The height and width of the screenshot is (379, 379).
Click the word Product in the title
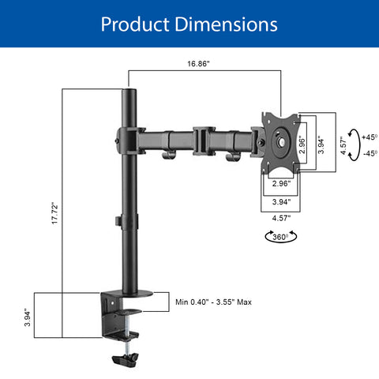click(135, 24)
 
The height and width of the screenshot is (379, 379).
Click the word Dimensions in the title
click(227, 24)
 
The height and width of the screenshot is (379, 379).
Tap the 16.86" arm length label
click(198, 64)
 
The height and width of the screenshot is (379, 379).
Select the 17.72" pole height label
click(54, 213)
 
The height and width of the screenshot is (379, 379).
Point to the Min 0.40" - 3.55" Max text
click(213, 302)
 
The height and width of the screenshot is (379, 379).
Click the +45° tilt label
click(370, 137)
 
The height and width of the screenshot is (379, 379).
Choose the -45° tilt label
click(370, 153)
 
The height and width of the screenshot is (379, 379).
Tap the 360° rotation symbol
click(281, 237)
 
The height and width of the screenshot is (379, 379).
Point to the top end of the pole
click(129, 90)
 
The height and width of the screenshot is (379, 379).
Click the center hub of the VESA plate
click(281, 142)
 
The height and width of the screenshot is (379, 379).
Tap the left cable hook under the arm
click(169, 156)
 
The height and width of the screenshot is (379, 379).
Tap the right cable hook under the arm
click(233, 157)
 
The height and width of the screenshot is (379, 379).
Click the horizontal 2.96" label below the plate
click(281, 183)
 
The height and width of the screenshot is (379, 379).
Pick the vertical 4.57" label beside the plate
click(343, 145)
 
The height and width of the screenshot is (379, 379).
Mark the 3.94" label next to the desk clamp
click(28, 318)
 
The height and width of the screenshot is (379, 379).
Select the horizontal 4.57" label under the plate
click(281, 218)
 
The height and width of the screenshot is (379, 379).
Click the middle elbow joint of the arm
click(204, 141)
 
